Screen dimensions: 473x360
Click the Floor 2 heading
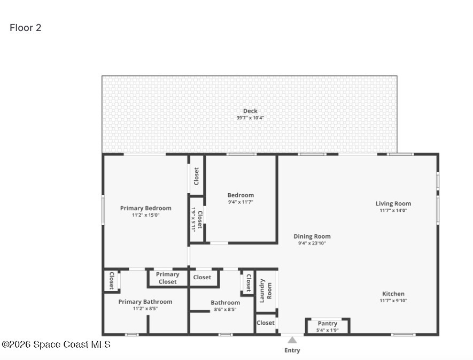coord(25,28)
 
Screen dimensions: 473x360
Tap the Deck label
coord(250,111)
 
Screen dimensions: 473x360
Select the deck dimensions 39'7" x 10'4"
coord(250,118)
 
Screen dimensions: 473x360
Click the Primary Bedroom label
coord(146,208)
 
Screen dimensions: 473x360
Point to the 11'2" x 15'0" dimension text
coord(146,215)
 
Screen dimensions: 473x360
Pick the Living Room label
coord(393,204)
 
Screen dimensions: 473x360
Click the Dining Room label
coord(312,236)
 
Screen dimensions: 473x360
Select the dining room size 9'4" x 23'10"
coord(312,243)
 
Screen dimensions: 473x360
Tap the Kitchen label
coord(393,294)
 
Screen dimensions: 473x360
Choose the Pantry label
coord(327,323)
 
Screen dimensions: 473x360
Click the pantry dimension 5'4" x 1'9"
coord(327,330)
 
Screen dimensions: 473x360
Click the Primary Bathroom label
coord(145,302)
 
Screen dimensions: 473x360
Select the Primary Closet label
coord(167,278)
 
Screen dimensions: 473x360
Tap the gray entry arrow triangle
coord(292,340)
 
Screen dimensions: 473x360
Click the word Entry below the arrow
coord(292,350)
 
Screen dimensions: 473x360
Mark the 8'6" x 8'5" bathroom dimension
coord(225,309)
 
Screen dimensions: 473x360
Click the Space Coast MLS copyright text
coord(57,344)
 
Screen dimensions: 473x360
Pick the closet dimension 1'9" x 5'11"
coord(193,219)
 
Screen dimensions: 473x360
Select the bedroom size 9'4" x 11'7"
coord(241,202)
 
